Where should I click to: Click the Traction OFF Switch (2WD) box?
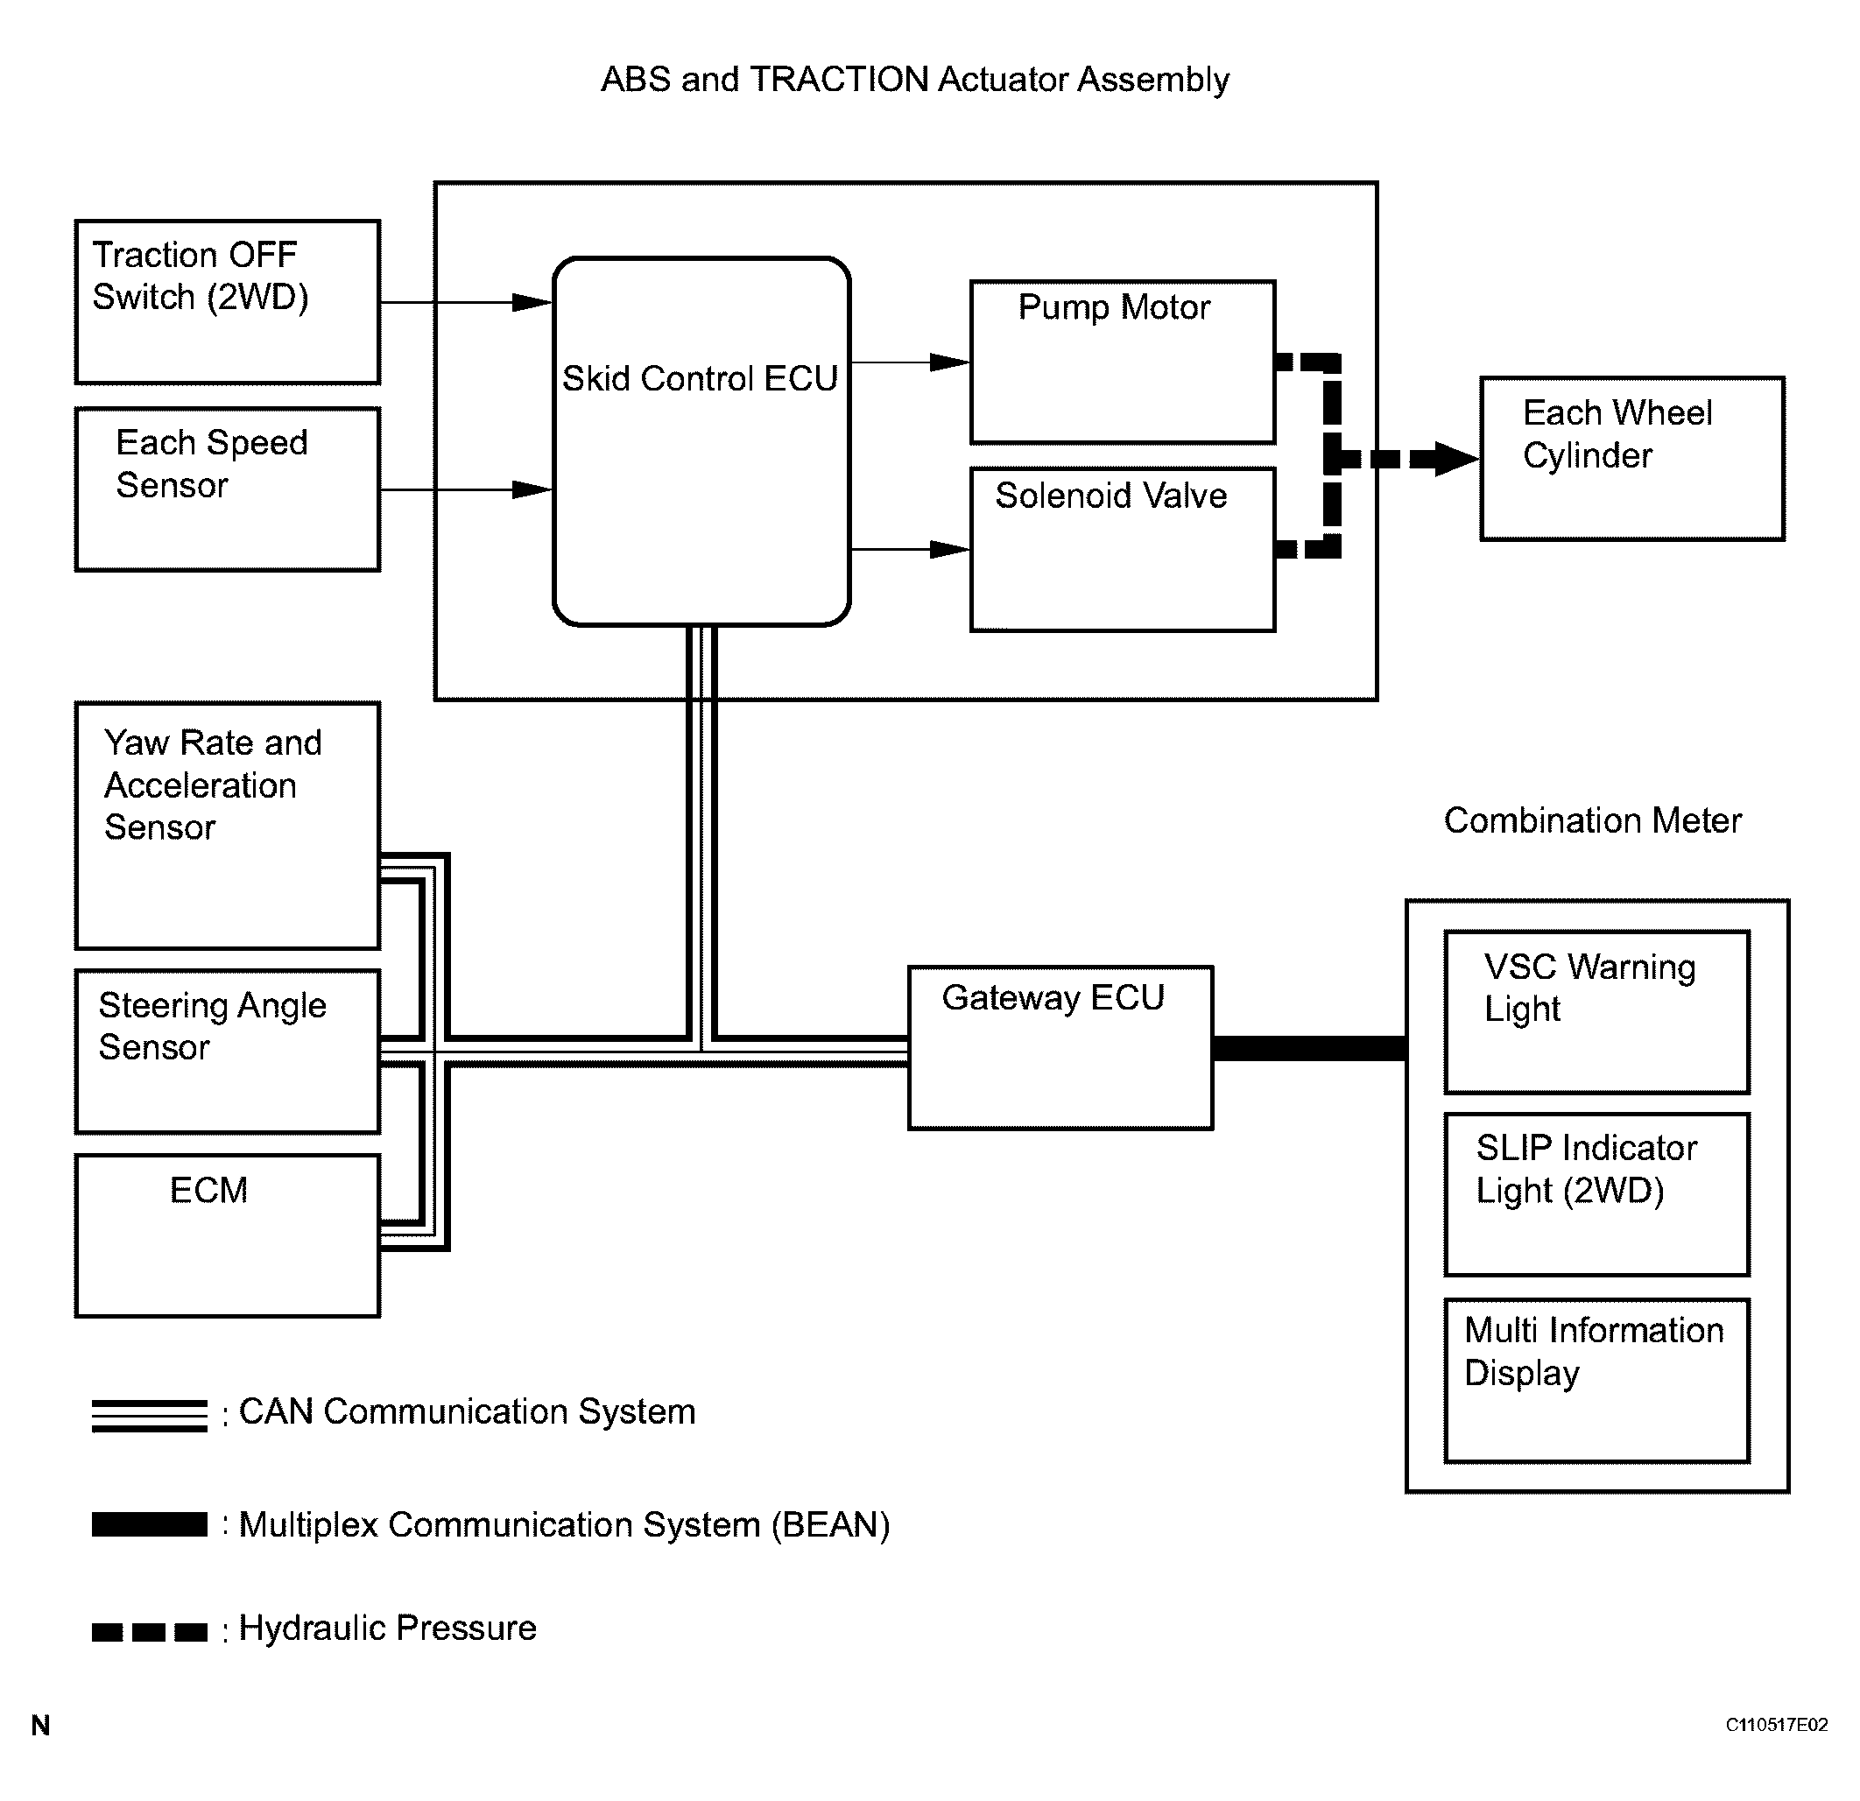[x=228, y=302]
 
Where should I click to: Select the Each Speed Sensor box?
[x=228, y=489]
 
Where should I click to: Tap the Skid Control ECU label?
[x=700, y=378]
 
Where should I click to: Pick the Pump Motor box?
[x=1122, y=362]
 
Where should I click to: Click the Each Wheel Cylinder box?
[x=1631, y=458]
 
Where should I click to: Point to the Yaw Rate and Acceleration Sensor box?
[x=228, y=826]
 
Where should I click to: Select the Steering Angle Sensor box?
[x=228, y=1051]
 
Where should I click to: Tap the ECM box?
[x=228, y=1235]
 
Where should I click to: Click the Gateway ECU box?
[x=1060, y=1047]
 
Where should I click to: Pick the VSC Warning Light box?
[x=1596, y=1011]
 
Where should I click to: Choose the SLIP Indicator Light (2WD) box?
[x=1596, y=1193]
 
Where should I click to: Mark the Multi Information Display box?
[x=1596, y=1380]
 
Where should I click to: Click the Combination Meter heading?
[x=1592, y=820]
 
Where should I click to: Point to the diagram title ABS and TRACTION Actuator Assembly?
[x=915, y=80]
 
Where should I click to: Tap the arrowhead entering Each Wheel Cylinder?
[x=1455, y=460]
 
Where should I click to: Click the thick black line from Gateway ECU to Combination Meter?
[x=1308, y=1047]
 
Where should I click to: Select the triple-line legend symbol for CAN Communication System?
[x=149, y=1415]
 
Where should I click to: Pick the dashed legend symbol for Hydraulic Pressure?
[x=149, y=1632]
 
